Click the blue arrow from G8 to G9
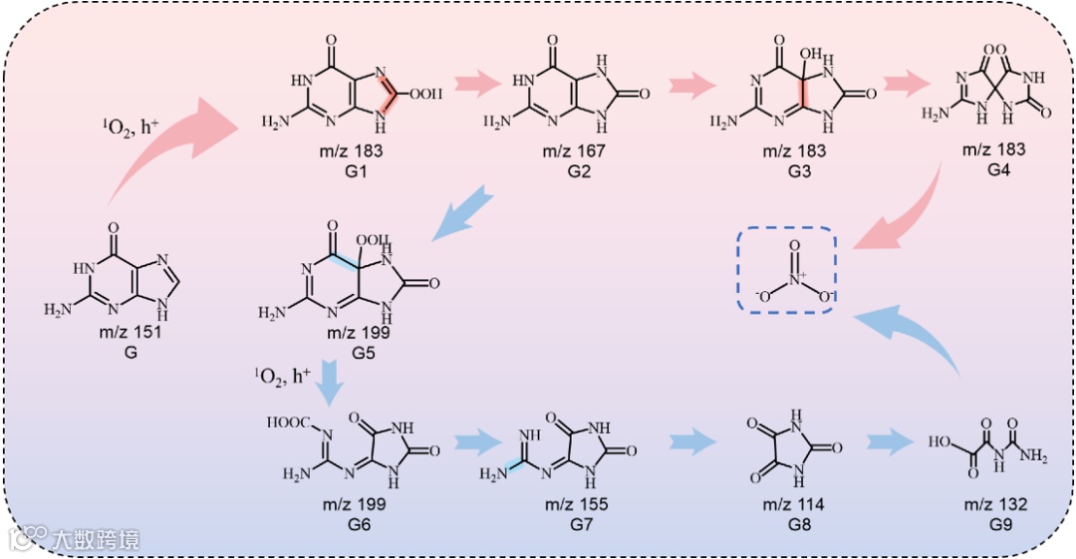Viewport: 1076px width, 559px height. pyautogui.click(x=889, y=441)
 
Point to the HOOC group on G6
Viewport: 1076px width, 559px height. pyautogui.click(x=285, y=422)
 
